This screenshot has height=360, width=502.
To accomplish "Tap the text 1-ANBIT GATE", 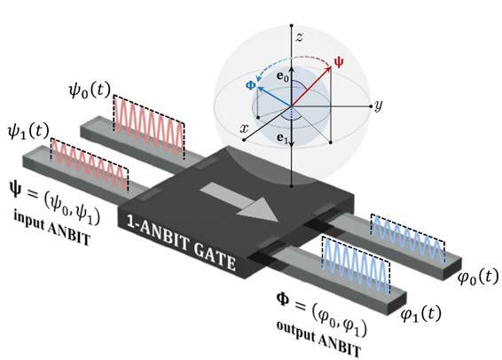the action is pyautogui.click(x=181, y=243).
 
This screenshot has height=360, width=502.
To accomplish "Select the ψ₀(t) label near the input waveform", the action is pyautogui.click(x=90, y=90).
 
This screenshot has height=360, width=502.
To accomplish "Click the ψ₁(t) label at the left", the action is pyautogui.click(x=28, y=131).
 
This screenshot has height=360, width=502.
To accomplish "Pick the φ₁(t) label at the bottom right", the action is pyautogui.click(x=421, y=314).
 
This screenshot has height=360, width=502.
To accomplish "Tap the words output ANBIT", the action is pyautogui.click(x=319, y=339).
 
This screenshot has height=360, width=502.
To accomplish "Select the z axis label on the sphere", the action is pyautogui.click(x=299, y=37).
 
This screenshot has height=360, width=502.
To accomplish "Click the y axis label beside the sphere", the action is pyautogui.click(x=379, y=106).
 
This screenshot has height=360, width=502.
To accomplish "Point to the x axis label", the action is pyautogui.click(x=244, y=129).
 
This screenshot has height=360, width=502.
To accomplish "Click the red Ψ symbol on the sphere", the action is pyautogui.click(x=339, y=62).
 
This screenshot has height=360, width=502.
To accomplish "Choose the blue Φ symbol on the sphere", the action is pyautogui.click(x=251, y=85).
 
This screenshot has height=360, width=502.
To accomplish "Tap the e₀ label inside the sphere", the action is pyautogui.click(x=282, y=77).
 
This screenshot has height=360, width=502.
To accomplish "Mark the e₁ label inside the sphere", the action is pyautogui.click(x=282, y=138).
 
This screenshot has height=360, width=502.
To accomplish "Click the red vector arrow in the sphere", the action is pyautogui.click(x=311, y=86).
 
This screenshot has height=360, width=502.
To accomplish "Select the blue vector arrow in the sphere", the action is pyautogui.click(x=274, y=97).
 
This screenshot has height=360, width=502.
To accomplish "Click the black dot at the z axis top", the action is pyautogui.click(x=291, y=25).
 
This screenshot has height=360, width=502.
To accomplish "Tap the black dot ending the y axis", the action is pyautogui.click(x=371, y=106).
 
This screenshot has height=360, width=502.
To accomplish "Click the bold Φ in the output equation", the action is pyautogui.click(x=283, y=300).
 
